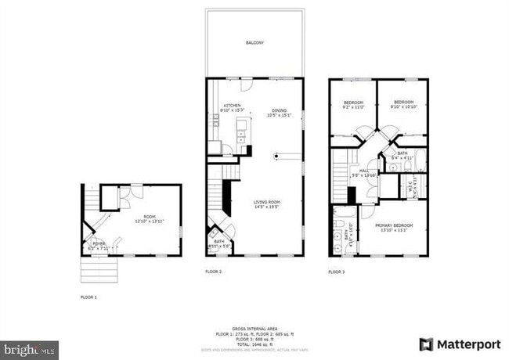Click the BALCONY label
point(254,42)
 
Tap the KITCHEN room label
point(233,106)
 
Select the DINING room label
point(279,110)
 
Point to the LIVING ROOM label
point(266,202)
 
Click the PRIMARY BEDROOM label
point(395,225)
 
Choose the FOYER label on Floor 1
point(99,244)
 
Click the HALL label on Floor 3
point(364,171)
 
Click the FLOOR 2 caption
point(214,272)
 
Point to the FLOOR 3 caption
point(337,272)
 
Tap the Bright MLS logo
point(29,346)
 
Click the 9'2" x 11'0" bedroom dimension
point(355,108)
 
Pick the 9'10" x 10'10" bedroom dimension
point(403,108)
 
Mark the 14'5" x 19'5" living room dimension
point(266,207)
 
